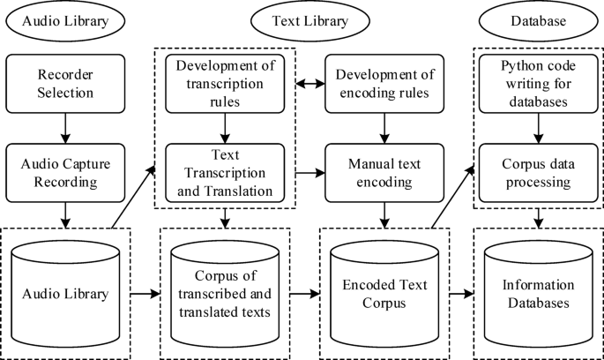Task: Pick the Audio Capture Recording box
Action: click(64, 171)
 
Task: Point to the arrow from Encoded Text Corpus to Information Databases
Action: click(462, 291)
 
